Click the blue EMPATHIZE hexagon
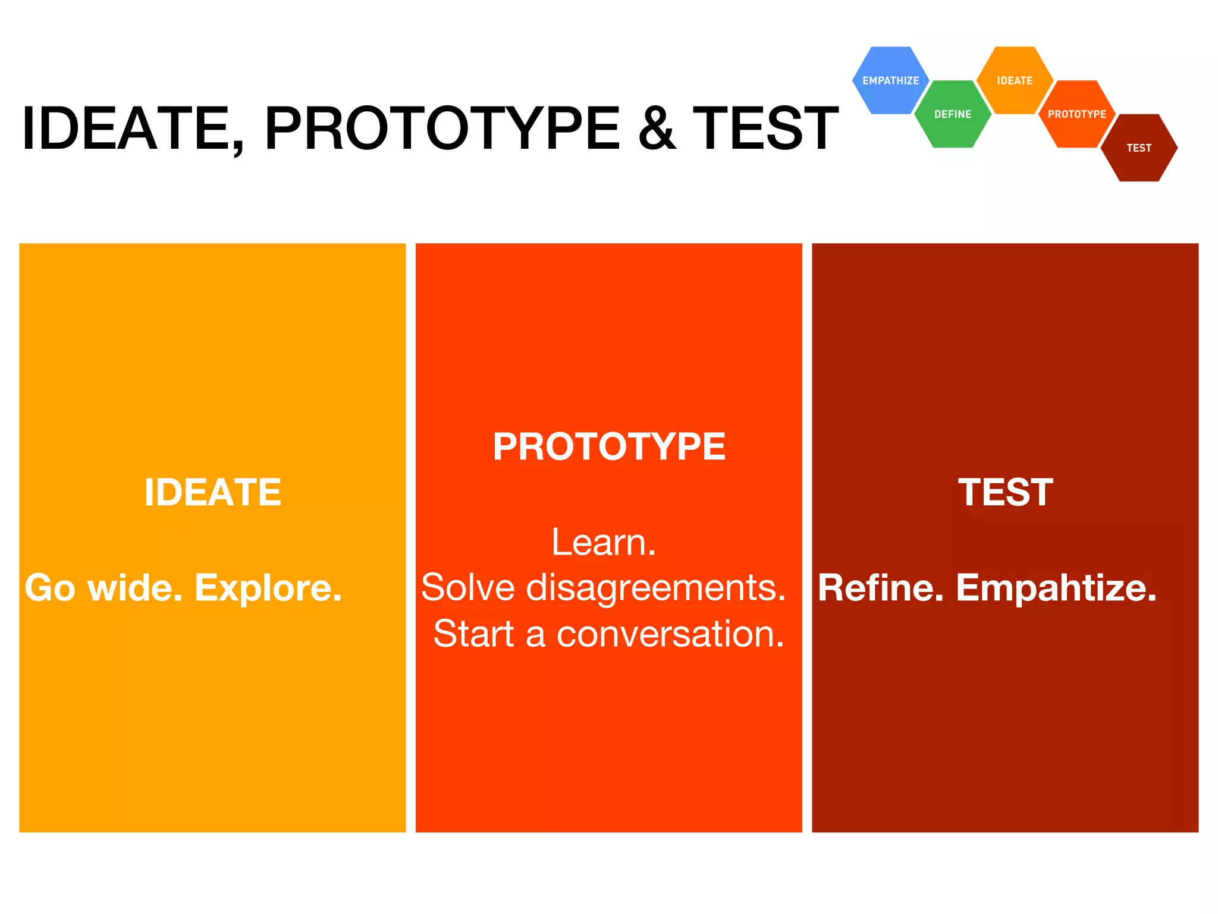[890, 80]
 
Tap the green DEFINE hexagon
[952, 114]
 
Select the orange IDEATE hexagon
[1015, 80]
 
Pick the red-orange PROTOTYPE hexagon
[1076, 114]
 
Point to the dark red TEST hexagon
[1139, 148]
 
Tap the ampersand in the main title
[657, 129]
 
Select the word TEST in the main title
[765, 129]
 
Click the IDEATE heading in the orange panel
[212, 493]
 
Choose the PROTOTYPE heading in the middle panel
[609, 446]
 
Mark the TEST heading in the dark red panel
[1005, 493]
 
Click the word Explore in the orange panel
[268, 589]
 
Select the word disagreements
[656, 588]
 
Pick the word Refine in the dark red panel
[880, 589]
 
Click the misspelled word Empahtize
[1056, 589]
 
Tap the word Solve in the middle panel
[467, 588]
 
